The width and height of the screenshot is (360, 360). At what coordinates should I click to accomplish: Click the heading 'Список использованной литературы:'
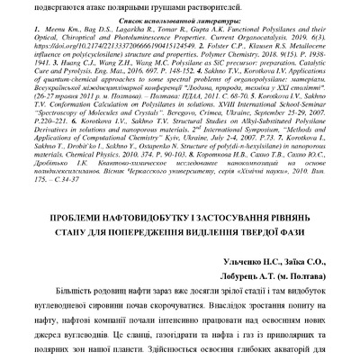point(180,18)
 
